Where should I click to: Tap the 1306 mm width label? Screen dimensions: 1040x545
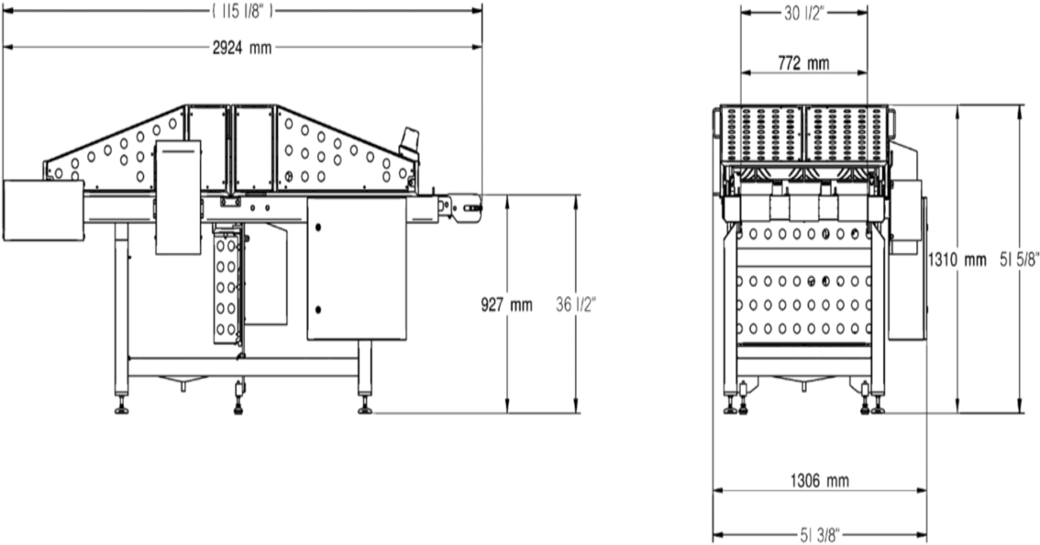pyautogui.click(x=819, y=480)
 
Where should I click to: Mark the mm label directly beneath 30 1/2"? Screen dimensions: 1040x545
pyautogui.click(x=804, y=63)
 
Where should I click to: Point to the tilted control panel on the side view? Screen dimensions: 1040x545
pyautogui.click(x=411, y=142)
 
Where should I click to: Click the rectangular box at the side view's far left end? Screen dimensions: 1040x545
pyautogui.click(x=43, y=208)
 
